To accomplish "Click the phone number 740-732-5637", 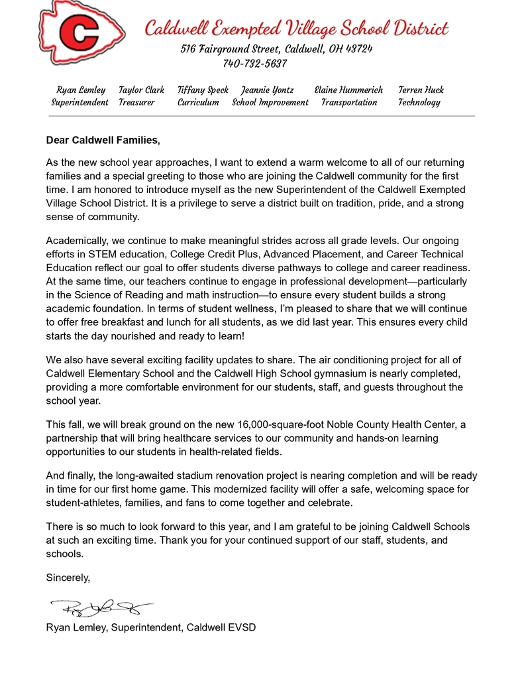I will coord(255,64).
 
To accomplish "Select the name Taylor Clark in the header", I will coord(141,90).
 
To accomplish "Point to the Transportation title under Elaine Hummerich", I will coord(349,102).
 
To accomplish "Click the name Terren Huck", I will coord(421,90).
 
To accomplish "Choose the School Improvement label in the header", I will coord(270,102).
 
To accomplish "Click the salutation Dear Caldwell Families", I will coord(103,140).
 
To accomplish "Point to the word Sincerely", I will coord(68,578).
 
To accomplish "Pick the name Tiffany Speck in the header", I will coord(203,90).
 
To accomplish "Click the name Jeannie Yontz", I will coord(267,90).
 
